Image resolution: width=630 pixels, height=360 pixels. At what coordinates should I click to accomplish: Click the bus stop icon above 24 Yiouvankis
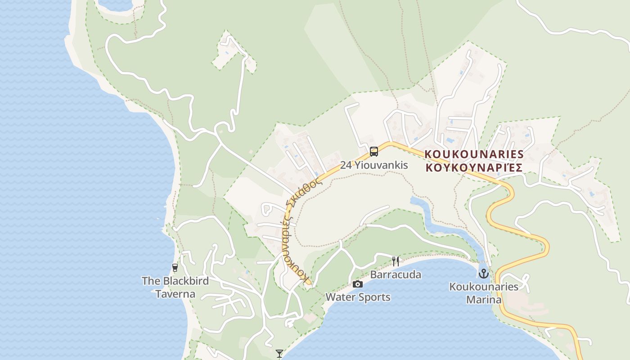point(373,152)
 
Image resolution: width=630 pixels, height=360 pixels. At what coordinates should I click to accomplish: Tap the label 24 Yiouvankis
point(374,165)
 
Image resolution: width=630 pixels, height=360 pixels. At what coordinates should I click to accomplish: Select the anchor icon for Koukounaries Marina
point(483,273)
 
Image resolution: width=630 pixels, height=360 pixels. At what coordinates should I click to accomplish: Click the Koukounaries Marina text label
point(484,293)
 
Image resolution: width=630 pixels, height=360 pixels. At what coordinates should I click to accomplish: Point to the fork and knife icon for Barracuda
point(396,261)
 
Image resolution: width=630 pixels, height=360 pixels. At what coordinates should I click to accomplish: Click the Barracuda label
point(396,274)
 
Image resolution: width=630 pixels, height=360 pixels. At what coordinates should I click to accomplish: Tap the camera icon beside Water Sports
point(358,284)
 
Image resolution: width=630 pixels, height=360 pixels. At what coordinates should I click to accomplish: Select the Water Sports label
point(358,297)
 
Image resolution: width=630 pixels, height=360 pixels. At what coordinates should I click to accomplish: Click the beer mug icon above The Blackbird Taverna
point(175,268)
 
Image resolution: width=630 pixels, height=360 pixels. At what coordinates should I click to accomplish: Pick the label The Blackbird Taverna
point(175,288)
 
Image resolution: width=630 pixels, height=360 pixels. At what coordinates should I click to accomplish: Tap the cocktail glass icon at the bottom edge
point(279,354)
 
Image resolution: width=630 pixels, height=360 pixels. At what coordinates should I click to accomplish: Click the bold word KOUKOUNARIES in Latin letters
point(474,154)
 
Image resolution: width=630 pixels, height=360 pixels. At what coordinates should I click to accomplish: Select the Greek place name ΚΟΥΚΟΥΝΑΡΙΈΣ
point(474,168)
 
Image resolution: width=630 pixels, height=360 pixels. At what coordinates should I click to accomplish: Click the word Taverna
point(175,294)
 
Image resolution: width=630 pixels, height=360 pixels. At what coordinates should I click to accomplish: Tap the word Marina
point(484,300)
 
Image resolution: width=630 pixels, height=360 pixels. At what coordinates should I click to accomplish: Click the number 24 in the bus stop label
point(346,165)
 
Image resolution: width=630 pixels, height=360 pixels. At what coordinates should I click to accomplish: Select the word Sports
point(374,297)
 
